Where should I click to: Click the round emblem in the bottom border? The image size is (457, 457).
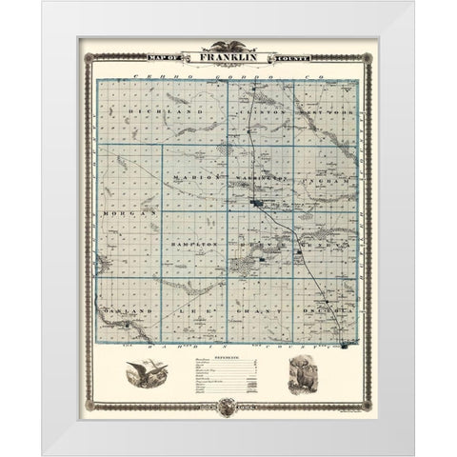(229, 407)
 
